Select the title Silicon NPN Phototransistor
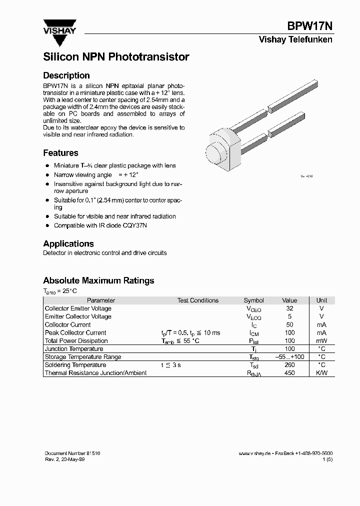click(x=116, y=57)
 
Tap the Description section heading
click(x=66, y=75)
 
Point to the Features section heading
click(x=60, y=153)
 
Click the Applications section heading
click(x=68, y=243)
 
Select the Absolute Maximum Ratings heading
click(x=98, y=280)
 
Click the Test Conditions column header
click(x=197, y=300)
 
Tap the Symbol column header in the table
click(x=253, y=300)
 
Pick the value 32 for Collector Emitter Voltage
click(x=289, y=308)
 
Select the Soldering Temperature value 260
click(x=289, y=365)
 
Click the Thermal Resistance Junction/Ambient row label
click(x=96, y=373)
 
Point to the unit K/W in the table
click(x=321, y=373)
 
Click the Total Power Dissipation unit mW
click(x=321, y=341)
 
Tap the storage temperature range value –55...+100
click(x=289, y=357)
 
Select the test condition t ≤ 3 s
click(x=170, y=365)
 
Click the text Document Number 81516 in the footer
click(x=72, y=453)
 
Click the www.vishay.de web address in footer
click(x=254, y=453)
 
